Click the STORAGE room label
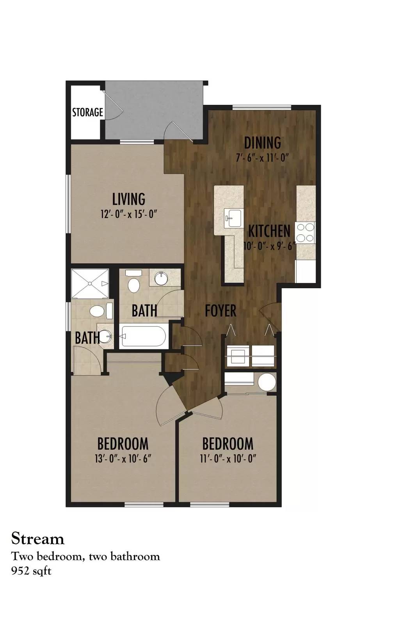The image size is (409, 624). tap(87, 112)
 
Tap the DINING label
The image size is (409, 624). tap(262, 143)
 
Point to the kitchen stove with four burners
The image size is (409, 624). tap(305, 232)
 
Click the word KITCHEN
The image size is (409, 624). tap(269, 231)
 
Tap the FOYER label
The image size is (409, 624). tap(221, 310)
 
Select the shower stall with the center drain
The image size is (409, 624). tap(90, 283)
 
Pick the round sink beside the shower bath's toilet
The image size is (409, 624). tap(105, 336)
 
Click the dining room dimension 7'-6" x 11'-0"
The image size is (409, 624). tap(261, 158)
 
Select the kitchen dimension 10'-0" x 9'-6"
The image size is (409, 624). tap(269, 246)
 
